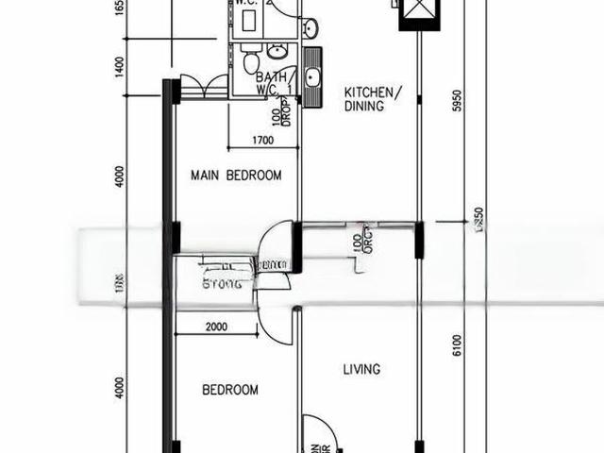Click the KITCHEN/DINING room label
pos(373,99)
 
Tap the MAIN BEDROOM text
pos(236,176)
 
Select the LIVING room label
pos(361,369)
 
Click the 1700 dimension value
pos(262,141)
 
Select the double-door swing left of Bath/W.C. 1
pos(203,88)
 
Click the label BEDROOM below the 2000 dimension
pos(230,390)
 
